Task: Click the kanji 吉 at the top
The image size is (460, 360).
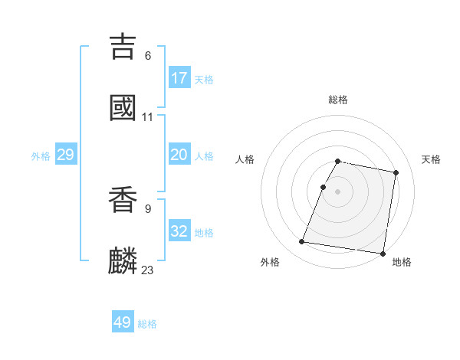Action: point(123,46)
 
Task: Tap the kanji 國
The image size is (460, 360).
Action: point(123,107)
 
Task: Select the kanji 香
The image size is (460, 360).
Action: point(123,199)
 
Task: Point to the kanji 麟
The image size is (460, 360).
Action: point(123,260)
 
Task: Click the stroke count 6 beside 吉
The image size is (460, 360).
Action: point(147,55)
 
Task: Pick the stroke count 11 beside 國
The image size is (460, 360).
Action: point(147,117)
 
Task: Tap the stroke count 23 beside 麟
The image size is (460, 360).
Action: point(147,270)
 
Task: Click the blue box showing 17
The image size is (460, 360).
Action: point(179,78)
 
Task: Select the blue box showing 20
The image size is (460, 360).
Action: point(179,155)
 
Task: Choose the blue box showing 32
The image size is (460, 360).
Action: point(179,231)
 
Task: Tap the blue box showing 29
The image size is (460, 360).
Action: point(65,155)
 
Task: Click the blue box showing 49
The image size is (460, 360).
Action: point(123,322)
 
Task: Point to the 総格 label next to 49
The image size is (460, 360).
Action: point(147,324)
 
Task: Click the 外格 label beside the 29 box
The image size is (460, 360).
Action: point(41,156)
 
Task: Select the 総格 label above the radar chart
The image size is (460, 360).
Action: point(338,100)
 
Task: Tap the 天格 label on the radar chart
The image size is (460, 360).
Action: point(431,159)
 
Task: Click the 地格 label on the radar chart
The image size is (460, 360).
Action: point(402,262)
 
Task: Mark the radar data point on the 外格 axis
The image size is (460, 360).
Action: point(302,242)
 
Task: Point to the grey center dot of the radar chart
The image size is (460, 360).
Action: point(338,191)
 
